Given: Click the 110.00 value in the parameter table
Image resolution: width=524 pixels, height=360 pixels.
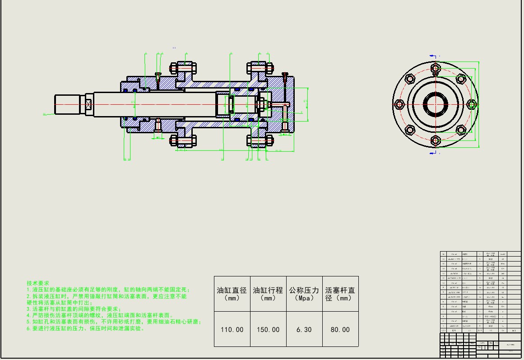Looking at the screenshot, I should pos(232,330).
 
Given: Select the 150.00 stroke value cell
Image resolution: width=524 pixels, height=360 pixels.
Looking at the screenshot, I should pos(268,330).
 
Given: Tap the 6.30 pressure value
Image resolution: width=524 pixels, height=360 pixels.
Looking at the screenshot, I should pos(304,330).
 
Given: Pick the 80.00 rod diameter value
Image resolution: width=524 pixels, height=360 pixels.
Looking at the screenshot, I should pos(340,330).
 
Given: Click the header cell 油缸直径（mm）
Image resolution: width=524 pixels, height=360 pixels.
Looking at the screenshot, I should pos(232,294).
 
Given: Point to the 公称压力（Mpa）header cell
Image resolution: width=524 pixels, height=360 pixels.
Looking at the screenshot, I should pos(304,294).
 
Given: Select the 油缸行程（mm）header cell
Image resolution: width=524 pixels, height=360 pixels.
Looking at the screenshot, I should pos(268,294).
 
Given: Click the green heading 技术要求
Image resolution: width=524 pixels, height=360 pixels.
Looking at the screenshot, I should pos(38,282).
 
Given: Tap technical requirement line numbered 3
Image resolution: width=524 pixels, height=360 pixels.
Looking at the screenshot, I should pos(74,309).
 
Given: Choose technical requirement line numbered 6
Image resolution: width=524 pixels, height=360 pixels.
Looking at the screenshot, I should pos(86,328).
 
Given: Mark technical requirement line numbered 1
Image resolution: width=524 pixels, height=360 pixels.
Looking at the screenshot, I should pos(108,290).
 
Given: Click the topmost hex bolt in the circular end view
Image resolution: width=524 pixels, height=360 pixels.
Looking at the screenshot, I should pos(436,68).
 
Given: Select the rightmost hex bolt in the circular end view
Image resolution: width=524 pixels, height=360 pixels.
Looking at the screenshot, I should pos(472,105).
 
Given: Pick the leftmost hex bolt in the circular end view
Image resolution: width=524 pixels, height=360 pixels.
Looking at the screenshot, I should pos(399,105).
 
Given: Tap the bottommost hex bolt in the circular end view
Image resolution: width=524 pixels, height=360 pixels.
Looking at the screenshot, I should pos(436,140).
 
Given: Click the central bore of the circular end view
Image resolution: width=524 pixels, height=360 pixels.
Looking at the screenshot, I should pos(436,104).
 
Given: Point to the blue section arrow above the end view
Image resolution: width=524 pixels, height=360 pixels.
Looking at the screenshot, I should pos(434,56).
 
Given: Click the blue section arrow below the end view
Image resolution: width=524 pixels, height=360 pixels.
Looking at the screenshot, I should pos(434,154).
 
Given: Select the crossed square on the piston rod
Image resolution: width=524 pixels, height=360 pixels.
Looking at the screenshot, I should pos(89,105).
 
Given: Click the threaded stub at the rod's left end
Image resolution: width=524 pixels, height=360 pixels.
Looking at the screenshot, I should pos(67,104).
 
